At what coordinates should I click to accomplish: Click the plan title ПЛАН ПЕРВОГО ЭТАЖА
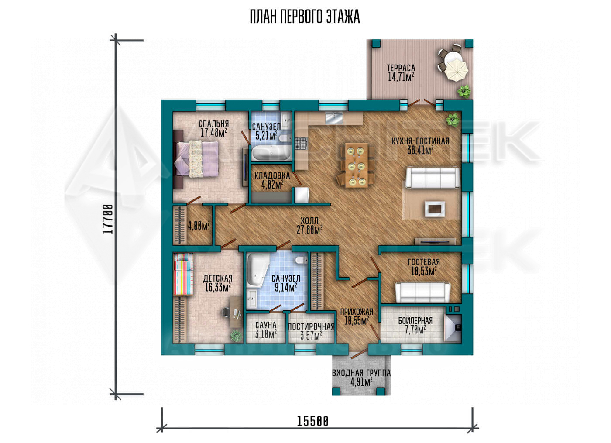305,17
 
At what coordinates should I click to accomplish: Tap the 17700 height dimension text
108,219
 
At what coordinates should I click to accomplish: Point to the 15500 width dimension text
312,422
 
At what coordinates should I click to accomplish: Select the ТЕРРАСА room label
401,68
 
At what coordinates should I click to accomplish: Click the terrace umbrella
456,70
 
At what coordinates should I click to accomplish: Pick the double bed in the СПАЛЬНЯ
196,159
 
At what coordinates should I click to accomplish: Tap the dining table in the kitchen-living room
357,165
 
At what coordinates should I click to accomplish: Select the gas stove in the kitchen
301,144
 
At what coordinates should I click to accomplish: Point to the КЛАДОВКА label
272,176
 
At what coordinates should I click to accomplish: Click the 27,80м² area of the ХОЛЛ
309,230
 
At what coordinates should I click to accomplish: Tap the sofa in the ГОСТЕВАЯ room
423,292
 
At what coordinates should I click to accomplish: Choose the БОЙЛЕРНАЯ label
415,320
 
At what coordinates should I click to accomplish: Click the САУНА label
266,325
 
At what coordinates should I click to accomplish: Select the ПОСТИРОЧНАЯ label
311,326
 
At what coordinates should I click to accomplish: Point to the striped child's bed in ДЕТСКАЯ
183,274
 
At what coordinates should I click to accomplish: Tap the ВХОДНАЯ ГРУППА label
361,373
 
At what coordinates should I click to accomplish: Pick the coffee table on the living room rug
435,209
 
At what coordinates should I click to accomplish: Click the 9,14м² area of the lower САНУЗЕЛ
285,288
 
